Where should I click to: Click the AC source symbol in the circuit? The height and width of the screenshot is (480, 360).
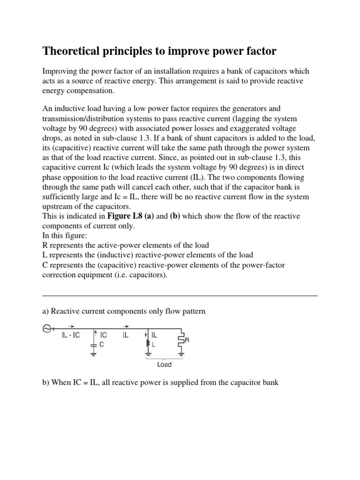(x=47, y=329)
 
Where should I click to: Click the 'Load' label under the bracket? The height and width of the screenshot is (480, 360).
(x=164, y=364)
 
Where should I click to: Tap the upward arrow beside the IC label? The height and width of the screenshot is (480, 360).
(x=96, y=335)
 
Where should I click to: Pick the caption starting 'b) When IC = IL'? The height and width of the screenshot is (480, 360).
(x=160, y=382)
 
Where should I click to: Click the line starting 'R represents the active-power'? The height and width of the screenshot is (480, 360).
(x=126, y=245)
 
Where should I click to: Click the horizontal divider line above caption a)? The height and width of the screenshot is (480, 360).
(x=180, y=296)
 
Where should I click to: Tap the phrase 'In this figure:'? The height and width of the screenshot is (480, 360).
(x=66, y=235)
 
